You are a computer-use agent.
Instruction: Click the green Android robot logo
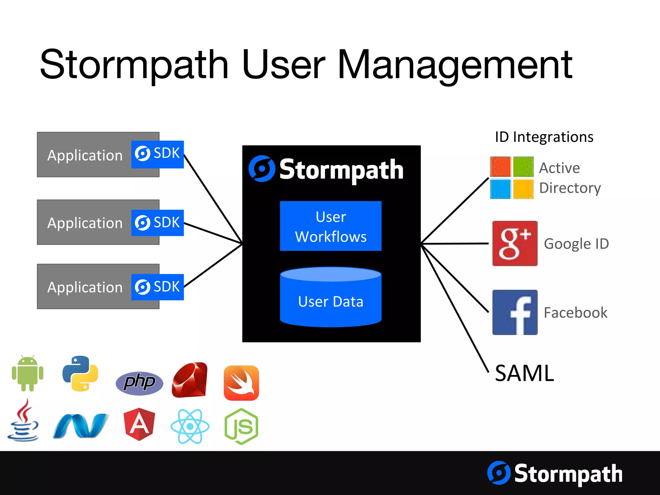pos(28,374)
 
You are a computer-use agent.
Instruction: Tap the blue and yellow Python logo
pos(80,374)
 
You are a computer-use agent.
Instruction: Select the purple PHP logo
pos(139,383)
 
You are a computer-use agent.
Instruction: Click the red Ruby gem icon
pos(190,380)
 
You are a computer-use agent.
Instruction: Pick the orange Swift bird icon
pos(241,383)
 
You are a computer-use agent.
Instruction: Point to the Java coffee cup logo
pos(23,421)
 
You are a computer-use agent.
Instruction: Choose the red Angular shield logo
pos(139,424)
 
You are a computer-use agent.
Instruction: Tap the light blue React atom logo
pos(190,426)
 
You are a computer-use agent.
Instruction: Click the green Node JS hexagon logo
pos(241,426)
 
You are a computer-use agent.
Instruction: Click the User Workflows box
pos(331,226)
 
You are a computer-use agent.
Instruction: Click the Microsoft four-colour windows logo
pos(512,178)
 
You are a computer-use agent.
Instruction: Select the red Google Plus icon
pos(515,243)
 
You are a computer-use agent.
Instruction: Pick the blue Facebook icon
pos(515,312)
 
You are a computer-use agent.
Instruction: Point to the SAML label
pos(524,373)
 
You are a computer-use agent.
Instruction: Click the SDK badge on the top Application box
pos(158,154)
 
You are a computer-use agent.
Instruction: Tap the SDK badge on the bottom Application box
pos(158,287)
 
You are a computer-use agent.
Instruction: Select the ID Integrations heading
pos(544,137)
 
